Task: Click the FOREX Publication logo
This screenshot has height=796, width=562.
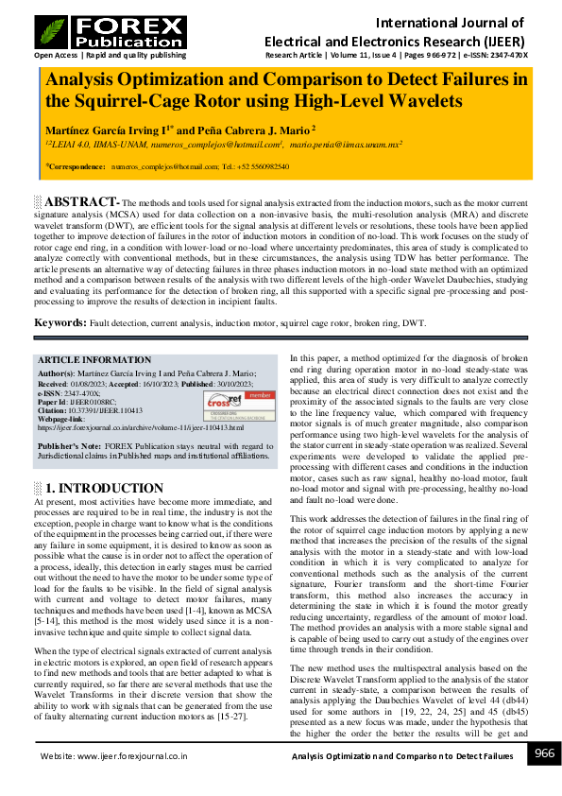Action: [x=110, y=32]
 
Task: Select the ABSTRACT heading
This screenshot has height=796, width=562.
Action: [x=81, y=202]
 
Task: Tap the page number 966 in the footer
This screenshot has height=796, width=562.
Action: [x=544, y=753]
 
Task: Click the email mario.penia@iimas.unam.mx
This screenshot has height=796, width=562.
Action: [x=346, y=145]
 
